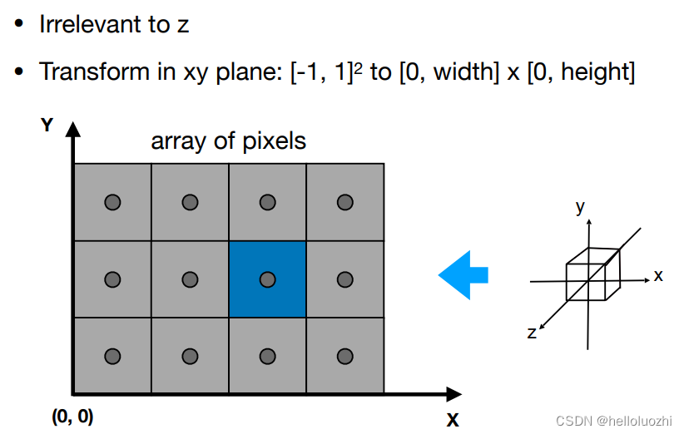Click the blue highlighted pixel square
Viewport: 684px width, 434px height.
click(x=267, y=279)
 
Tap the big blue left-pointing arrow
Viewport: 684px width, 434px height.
click(x=463, y=274)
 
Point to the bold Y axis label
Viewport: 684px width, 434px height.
click(x=47, y=125)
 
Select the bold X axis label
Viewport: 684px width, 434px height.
click(x=453, y=418)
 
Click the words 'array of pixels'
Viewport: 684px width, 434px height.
click(x=228, y=141)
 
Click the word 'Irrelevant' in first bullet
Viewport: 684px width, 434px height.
click(x=91, y=24)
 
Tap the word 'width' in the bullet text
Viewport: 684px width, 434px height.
click(x=458, y=72)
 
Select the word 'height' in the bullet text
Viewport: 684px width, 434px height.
click(x=595, y=72)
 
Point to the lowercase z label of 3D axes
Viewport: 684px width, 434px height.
click(x=532, y=333)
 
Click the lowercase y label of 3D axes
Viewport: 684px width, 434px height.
click(x=579, y=207)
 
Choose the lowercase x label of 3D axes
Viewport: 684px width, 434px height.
click(x=658, y=275)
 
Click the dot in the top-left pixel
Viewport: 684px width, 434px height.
click(x=112, y=202)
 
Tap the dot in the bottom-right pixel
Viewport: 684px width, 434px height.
click(x=344, y=356)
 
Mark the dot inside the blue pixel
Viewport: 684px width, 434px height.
click(x=267, y=279)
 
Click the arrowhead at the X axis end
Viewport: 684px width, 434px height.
click(x=454, y=393)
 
